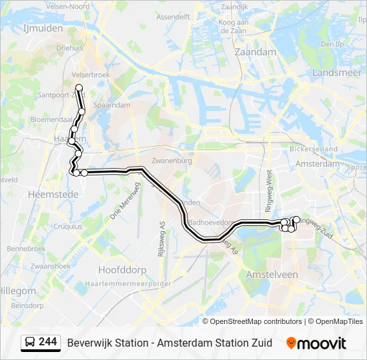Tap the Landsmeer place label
pos(336,72)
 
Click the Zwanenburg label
pos(172,161)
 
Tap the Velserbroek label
pos(90,75)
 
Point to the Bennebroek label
pos(25,248)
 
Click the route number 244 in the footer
pos(48,342)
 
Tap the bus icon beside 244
pos(30,343)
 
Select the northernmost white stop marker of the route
pos(79,87)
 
